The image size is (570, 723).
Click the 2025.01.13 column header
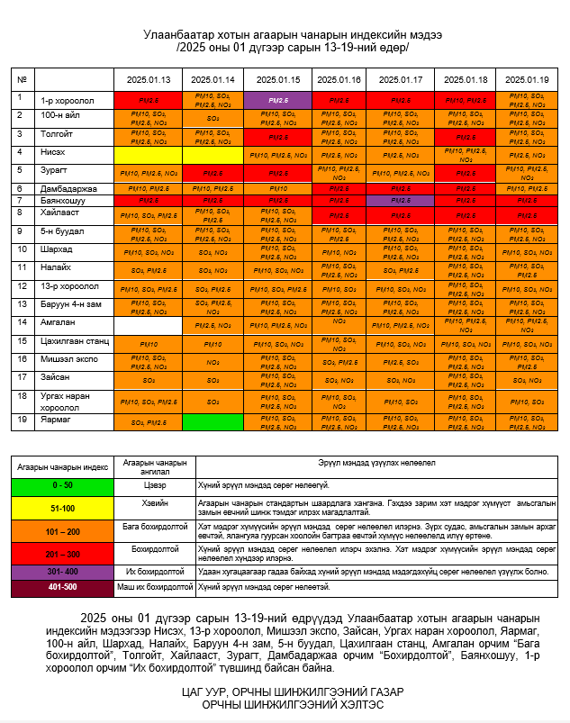(x=149, y=79)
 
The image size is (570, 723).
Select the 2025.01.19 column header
(x=527, y=79)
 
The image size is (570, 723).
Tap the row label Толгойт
(x=57, y=134)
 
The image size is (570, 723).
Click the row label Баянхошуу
(x=62, y=200)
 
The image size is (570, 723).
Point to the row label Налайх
(x=57, y=267)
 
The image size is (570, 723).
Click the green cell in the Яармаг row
(x=213, y=420)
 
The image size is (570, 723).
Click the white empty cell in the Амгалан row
(x=149, y=324)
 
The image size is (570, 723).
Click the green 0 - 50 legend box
(x=61, y=485)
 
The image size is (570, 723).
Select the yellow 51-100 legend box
(x=61, y=507)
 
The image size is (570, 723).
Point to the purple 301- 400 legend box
(x=61, y=571)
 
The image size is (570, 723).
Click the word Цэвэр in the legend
(x=154, y=485)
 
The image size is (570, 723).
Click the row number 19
(x=20, y=419)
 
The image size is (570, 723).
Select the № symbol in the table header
(x=21, y=79)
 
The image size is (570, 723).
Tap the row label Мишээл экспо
(x=68, y=358)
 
